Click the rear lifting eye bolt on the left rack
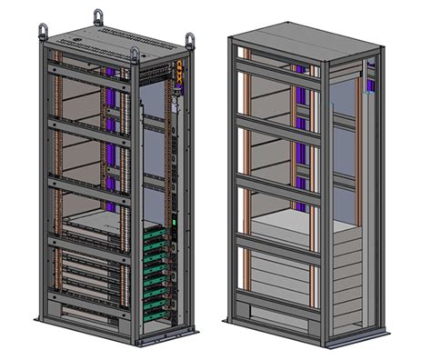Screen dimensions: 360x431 pyautogui.click(x=98, y=16)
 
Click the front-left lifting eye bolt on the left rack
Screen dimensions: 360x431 pyautogui.click(x=42, y=29)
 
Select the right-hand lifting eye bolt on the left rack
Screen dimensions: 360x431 pyautogui.click(x=190, y=41)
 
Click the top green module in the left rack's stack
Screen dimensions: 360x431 pyautogui.click(x=155, y=232)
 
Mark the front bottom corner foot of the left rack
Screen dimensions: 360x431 pyautogui.click(x=136, y=343)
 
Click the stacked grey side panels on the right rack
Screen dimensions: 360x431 pyautogui.click(x=350, y=273)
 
